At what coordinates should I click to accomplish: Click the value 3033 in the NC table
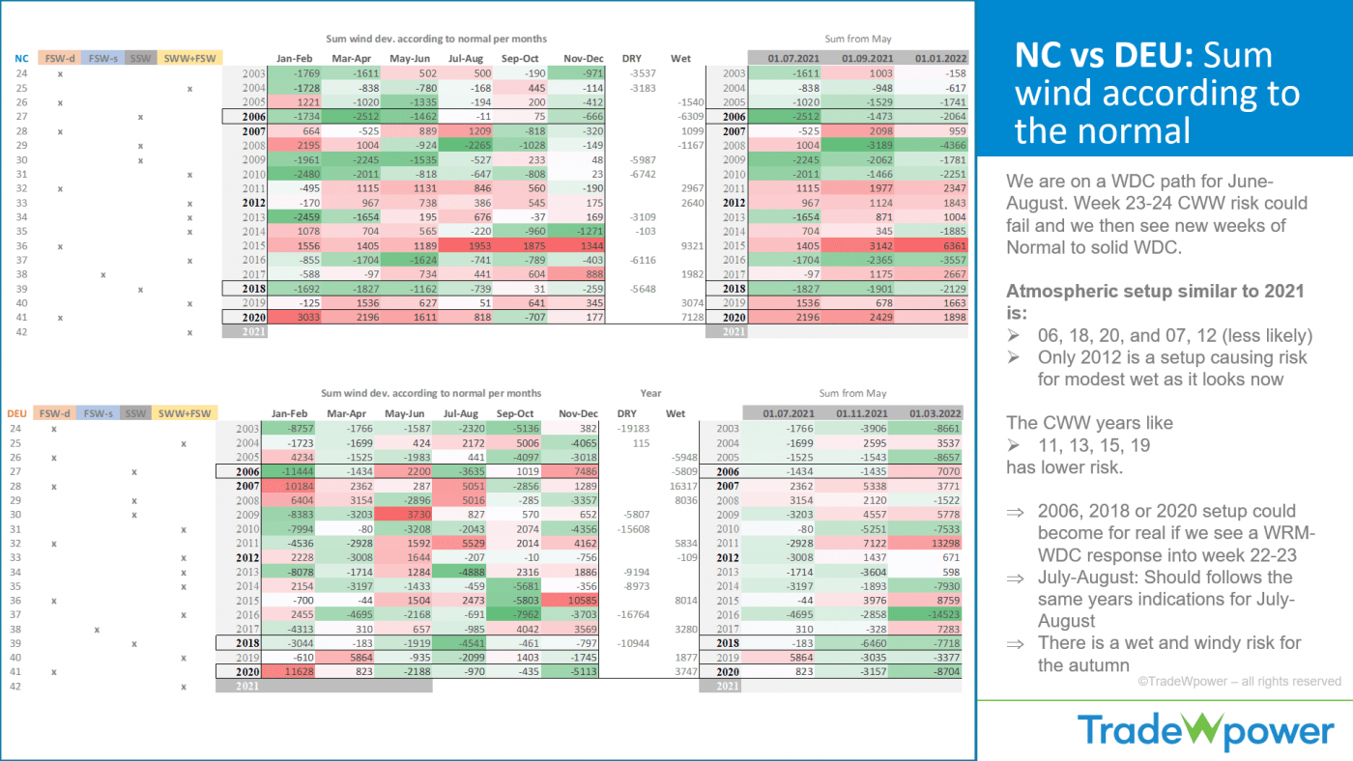[298, 316]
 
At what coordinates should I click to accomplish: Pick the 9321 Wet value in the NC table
[681, 246]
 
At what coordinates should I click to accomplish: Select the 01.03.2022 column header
[931, 413]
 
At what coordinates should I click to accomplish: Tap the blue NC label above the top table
[21, 58]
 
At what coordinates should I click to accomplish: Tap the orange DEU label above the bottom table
[17, 413]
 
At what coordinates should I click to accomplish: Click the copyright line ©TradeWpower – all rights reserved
[1238, 681]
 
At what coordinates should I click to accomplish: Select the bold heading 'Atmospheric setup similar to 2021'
[1155, 291]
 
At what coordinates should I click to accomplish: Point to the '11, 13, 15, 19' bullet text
[1094, 446]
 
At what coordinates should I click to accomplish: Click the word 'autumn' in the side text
[1101, 664]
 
